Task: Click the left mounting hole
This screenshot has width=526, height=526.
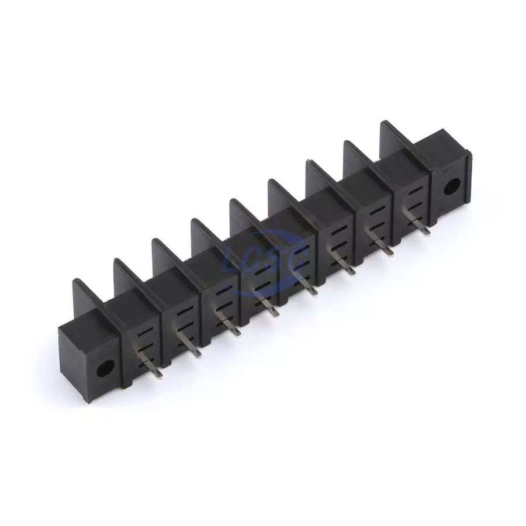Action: (x=105, y=368)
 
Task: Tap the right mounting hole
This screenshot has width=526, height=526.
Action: (x=452, y=187)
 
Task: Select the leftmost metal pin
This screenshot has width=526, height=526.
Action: (x=151, y=366)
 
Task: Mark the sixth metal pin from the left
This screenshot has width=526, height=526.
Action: (x=344, y=264)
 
